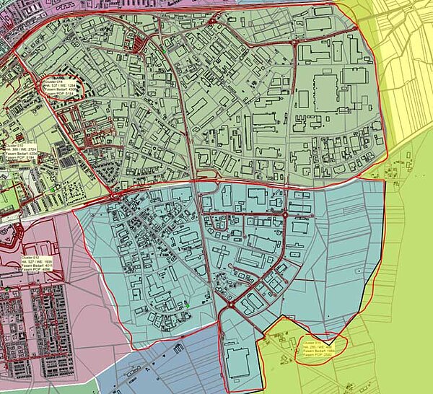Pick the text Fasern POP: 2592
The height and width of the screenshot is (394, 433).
pyautogui.click(x=317, y=356)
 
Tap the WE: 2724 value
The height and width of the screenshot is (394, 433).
pyautogui.click(x=26, y=149)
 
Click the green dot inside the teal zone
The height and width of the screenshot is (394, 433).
pyautogui.click(x=187, y=307)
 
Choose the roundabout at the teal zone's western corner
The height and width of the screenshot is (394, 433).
pyautogui.click(x=113, y=196)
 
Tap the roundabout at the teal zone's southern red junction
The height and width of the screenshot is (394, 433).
pyautogui.click(x=229, y=306)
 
